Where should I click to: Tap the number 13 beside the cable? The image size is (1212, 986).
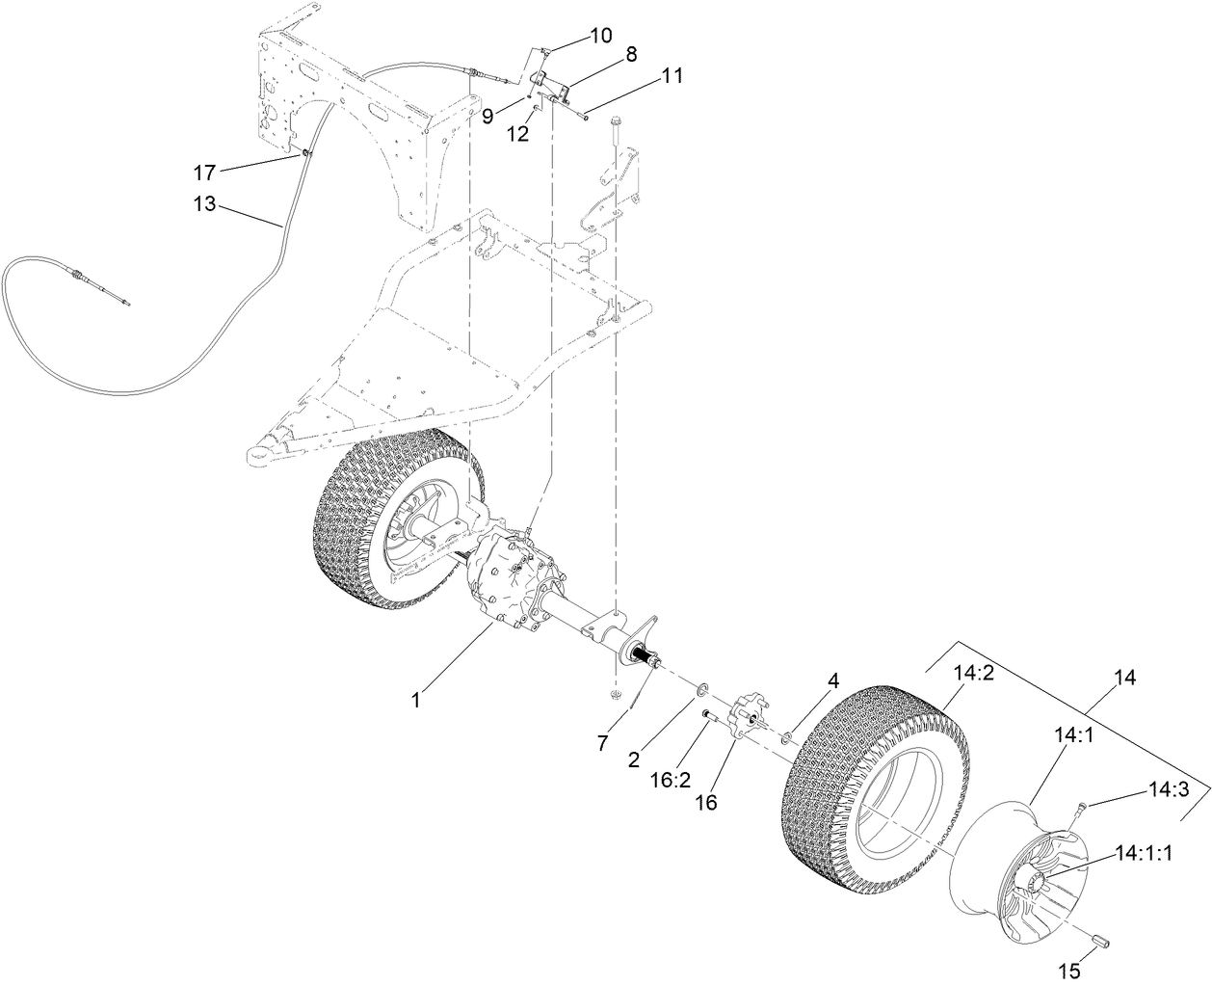point(205,203)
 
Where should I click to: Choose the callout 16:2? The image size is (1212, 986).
point(665,779)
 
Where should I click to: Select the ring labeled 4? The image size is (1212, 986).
point(787,738)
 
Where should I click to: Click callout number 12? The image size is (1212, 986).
point(518,134)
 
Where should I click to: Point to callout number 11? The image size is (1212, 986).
point(672,76)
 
